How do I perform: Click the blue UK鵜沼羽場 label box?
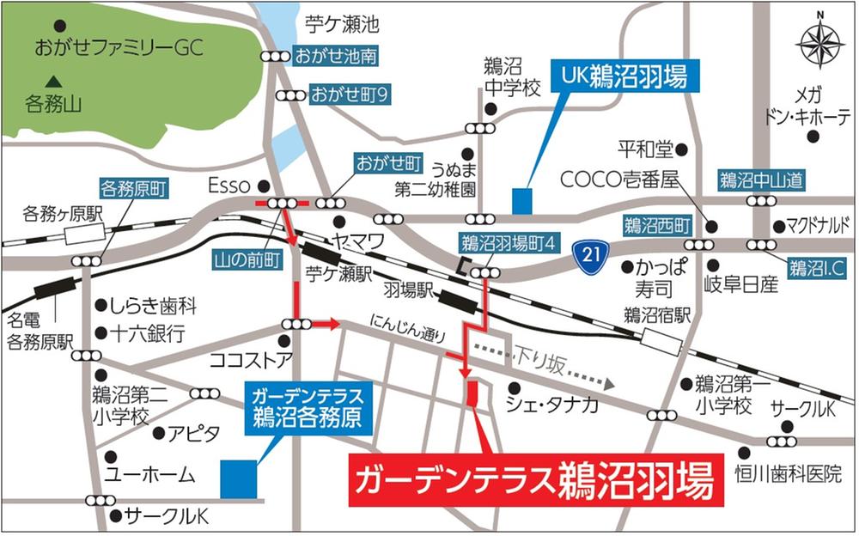[624, 76]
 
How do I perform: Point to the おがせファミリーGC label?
[118, 48]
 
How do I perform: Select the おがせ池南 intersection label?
[335, 57]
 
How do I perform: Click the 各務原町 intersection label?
[133, 186]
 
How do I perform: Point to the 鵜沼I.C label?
[818, 269]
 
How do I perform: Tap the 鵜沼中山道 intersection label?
[761, 180]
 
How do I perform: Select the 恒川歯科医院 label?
[788, 473]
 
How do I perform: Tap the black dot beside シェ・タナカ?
[513, 387]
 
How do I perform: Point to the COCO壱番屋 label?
[619, 180]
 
